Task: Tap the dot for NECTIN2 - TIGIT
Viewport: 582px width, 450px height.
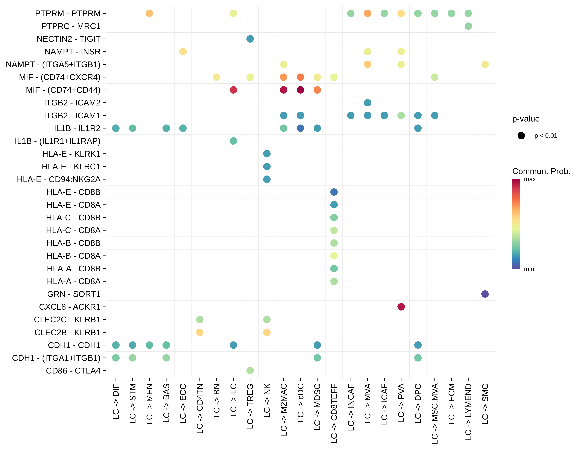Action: (250, 39)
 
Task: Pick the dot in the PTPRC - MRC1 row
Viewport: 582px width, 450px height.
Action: (468, 26)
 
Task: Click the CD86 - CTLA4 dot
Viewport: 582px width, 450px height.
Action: (250, 370)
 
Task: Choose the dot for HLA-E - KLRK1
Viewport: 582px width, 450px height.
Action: (267, 154)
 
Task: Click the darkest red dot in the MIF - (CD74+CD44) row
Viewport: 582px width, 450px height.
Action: (300, 90)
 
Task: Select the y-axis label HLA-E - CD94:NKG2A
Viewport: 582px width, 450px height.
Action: (59, 179)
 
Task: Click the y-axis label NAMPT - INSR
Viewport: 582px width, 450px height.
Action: (73, 52)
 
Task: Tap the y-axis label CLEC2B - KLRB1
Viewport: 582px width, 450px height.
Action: (67, 332)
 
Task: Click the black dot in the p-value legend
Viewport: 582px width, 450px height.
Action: (521, 136)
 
